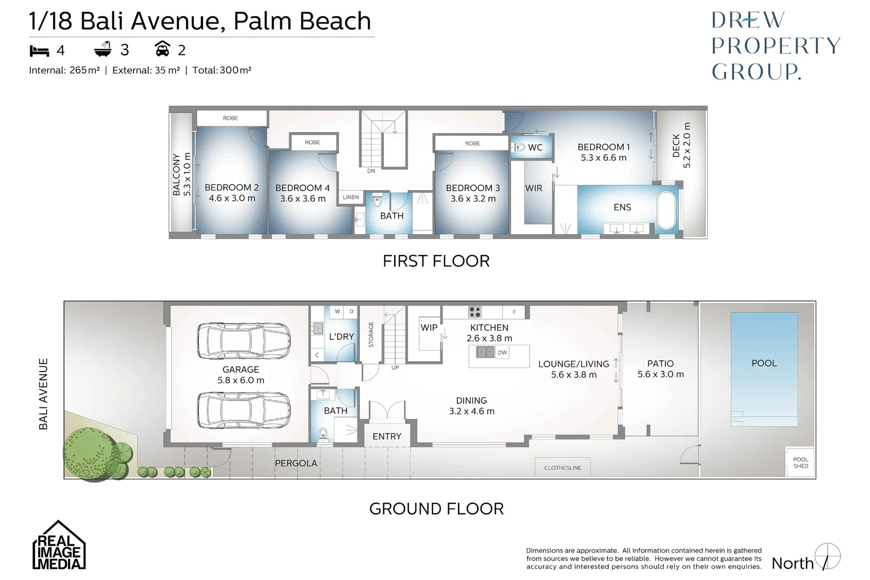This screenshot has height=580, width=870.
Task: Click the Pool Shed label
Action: click(800, 462)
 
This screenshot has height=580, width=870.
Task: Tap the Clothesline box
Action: click(562, 468)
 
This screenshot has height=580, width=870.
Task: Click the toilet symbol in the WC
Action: click(519, 147)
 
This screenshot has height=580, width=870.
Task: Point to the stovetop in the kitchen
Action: click(475, 311)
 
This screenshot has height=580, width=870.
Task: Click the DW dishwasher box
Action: click(502, 353)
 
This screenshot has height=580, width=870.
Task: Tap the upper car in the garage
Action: click(243, 340)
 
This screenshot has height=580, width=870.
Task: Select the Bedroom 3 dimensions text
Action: click(473, 199)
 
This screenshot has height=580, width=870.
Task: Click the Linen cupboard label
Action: click(351, 197)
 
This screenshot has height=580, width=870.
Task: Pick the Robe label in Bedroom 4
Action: click(313, 142)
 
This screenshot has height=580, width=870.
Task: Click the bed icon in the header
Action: click(39, 50)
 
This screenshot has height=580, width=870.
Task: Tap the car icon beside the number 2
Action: click(162, 49)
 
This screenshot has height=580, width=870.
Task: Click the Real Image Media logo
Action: click(59, 546)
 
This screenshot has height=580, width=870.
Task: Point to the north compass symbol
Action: click(827, 557)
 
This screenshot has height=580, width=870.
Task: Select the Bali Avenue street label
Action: click(44, 394)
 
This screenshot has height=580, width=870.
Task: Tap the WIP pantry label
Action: click(429, 327)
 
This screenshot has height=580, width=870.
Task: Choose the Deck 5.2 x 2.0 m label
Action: click(682, 146)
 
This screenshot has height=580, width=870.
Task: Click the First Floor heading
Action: click(436, 261)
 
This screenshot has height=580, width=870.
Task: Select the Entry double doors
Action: click(387, 411)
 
